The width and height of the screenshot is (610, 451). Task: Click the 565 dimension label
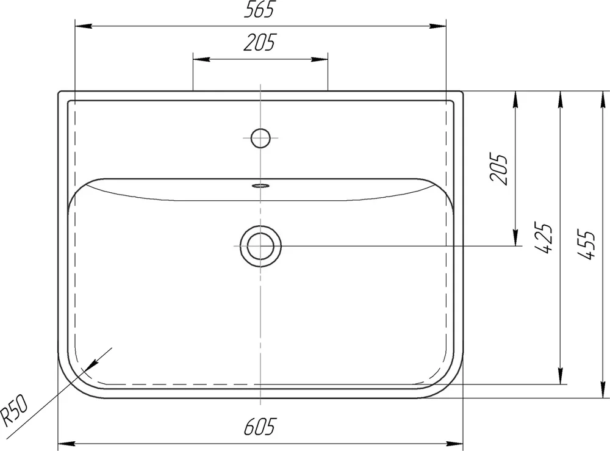click(259, 10)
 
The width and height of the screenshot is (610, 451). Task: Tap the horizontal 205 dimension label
click(259, 43)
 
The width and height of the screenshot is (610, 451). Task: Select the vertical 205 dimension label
click(499, 168)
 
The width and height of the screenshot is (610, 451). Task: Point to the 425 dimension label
click(543, 238)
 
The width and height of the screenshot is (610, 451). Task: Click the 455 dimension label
click(586, 244)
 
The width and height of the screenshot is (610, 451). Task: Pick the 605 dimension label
click(260, 426)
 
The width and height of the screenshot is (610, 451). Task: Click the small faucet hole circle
click(260, 138)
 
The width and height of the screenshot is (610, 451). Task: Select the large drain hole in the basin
click(260, 247)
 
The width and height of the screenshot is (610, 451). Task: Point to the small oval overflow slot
click(260, 186)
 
